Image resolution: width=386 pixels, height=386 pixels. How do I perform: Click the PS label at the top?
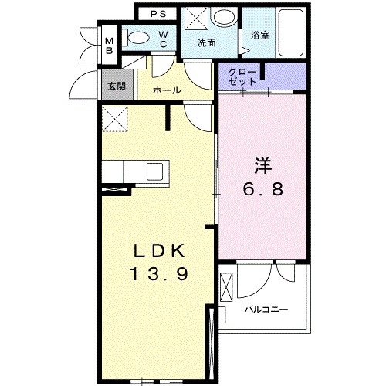158,14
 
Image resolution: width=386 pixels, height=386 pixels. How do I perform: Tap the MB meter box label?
110,46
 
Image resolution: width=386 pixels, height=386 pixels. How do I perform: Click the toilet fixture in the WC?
136,38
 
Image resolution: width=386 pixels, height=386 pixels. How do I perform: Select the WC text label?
163,39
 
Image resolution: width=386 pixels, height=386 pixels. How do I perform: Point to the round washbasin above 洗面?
225,18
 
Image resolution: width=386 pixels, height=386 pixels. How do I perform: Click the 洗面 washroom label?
206,42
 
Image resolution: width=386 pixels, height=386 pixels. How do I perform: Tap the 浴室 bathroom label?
260,36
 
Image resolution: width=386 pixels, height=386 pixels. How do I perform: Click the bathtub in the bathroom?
291,32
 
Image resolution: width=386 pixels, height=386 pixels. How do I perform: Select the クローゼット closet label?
242,76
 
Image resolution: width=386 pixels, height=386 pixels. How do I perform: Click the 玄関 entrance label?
117,86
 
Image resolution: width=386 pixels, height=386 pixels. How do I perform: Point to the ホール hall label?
167,90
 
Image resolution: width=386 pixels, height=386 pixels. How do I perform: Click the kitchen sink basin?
154,171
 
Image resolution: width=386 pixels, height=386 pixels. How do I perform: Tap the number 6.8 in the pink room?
263,189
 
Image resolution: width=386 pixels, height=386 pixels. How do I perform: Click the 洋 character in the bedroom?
263,166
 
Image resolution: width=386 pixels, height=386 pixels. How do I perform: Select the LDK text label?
159,251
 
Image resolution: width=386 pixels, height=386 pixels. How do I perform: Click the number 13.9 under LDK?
160,273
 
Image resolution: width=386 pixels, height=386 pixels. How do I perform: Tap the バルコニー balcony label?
266,310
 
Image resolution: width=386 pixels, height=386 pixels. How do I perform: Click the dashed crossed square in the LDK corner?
115,119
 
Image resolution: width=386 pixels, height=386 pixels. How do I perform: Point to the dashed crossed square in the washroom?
196,18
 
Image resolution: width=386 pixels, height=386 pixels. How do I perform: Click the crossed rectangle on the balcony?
226,287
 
